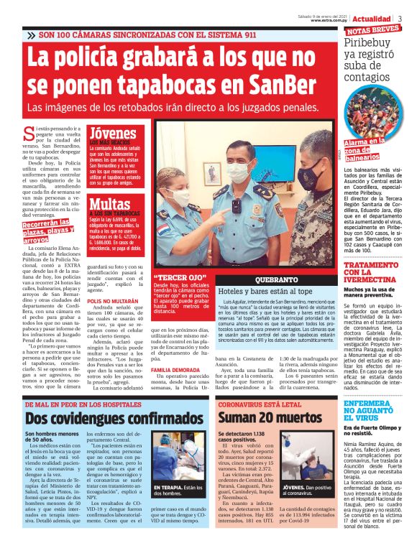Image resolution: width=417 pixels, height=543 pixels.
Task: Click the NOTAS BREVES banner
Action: click(373, 31)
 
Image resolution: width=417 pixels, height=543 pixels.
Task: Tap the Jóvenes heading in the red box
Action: click(111, 134)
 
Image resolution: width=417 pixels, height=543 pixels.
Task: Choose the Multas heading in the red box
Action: click(109, 203)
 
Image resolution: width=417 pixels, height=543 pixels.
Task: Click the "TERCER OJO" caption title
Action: click(172, 277)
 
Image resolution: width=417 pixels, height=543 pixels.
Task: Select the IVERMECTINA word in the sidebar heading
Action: click(370, 280)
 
